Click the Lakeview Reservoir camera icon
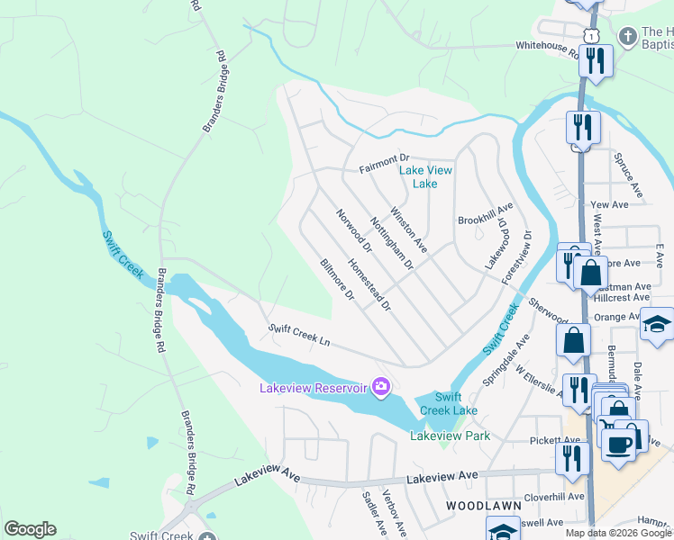pos(381,387)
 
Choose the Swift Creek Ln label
pos(300,337)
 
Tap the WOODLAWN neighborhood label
pos(479,507)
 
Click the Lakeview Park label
pos(450,436)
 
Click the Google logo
pos(30,529)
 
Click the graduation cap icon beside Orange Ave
pos(657,324)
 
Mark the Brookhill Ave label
pos(485,220)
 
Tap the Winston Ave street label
pos(408,229)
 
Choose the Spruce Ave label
pos(627,175)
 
